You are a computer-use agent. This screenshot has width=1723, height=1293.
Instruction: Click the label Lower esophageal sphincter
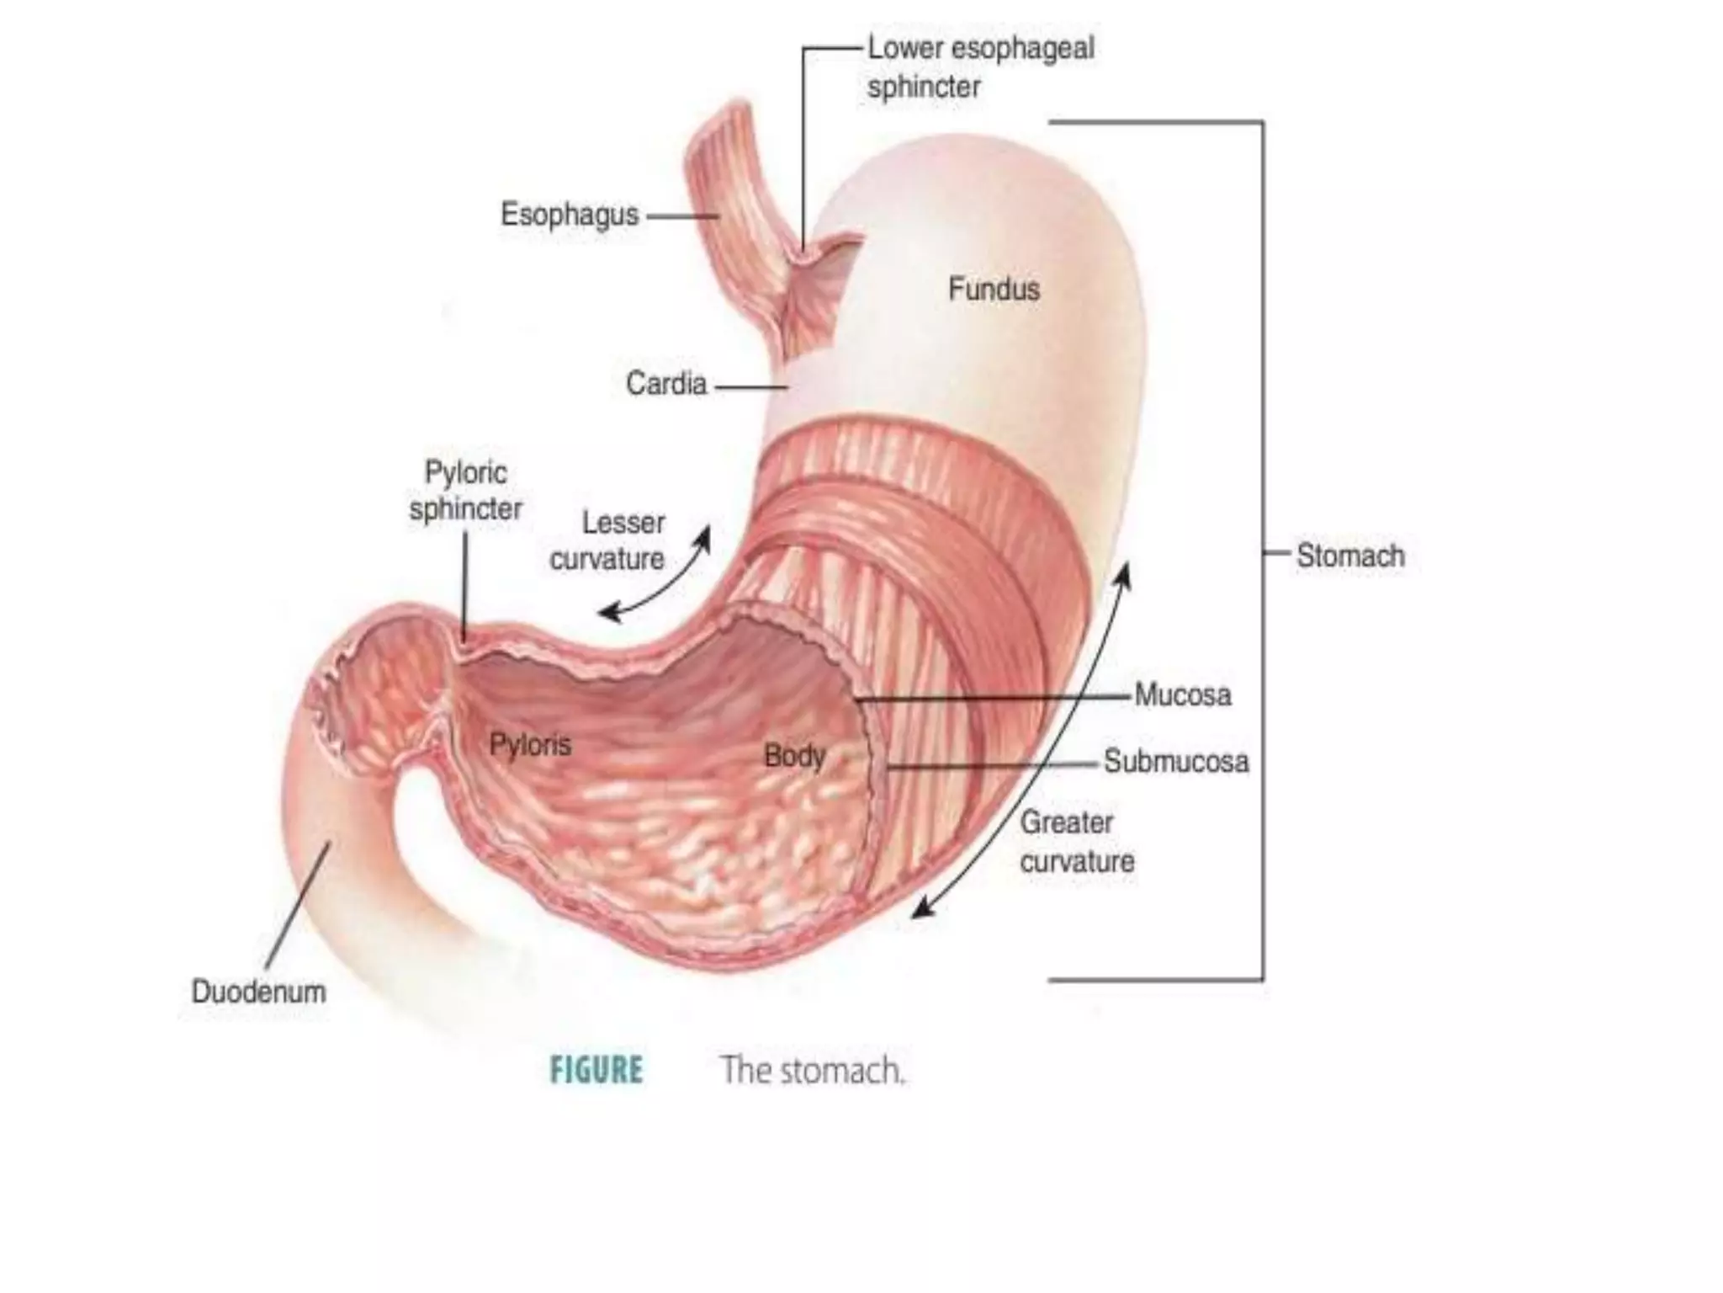[x=981, y=67]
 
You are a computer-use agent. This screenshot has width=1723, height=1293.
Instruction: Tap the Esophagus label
[x=570, y=215]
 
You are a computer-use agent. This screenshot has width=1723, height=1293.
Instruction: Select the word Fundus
[x=994, y=290]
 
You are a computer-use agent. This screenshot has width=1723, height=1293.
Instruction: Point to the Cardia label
[x=666, y=385]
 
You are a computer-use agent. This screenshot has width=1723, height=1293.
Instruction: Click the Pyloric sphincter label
[x=465, y=491]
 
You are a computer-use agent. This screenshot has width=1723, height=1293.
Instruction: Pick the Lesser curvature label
[x=607, y=540]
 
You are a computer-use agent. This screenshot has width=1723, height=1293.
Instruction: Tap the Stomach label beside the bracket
[x=1350, y=556]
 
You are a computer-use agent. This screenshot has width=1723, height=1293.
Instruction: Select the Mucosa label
[x=1182, y=695]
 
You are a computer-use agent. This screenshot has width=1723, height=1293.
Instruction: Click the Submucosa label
[x=1175, y=762]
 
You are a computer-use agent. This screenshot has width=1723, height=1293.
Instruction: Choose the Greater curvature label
[x=1077, y=842]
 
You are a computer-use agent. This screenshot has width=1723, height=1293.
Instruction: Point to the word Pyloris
[x=530, y=745]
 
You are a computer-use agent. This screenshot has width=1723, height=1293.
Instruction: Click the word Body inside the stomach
[x=794, y=756]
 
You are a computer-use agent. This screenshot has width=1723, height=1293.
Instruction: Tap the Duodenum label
[x=258, y=992]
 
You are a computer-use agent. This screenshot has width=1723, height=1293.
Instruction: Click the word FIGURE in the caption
[x=596, y=1071]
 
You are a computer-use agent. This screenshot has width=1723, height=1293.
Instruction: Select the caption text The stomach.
[x=812, y=1071]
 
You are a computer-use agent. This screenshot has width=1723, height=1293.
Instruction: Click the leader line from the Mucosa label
[x=993, y=698]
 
